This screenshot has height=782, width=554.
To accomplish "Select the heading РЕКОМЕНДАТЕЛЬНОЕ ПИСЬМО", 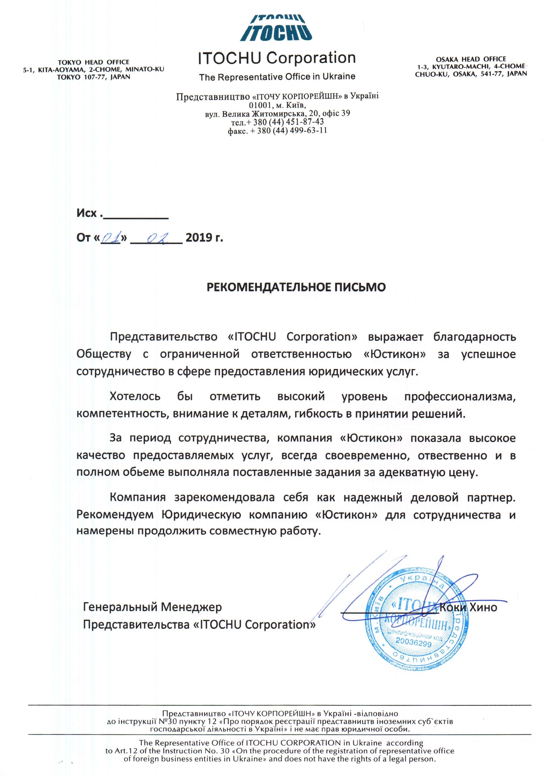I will (296, 287).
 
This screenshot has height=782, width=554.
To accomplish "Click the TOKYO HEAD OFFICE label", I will (94, 62).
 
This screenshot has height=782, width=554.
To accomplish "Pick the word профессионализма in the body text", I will (460, 397).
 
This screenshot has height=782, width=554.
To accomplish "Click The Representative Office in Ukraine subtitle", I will (277, 77).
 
